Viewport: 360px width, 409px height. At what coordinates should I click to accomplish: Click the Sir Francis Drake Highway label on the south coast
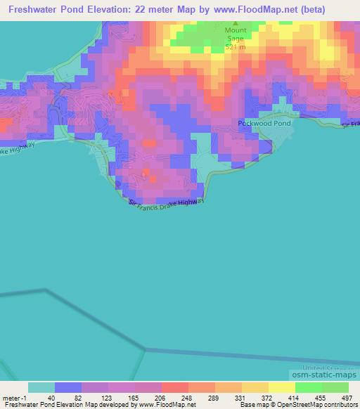click(167, 203)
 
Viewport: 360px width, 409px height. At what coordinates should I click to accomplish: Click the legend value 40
click(41, 397)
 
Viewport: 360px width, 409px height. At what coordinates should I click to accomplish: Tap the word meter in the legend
click(10, 397)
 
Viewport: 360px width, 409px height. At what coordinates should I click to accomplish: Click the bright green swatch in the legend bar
click(309, 387)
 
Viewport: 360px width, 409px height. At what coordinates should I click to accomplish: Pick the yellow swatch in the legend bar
click(282, 387)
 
